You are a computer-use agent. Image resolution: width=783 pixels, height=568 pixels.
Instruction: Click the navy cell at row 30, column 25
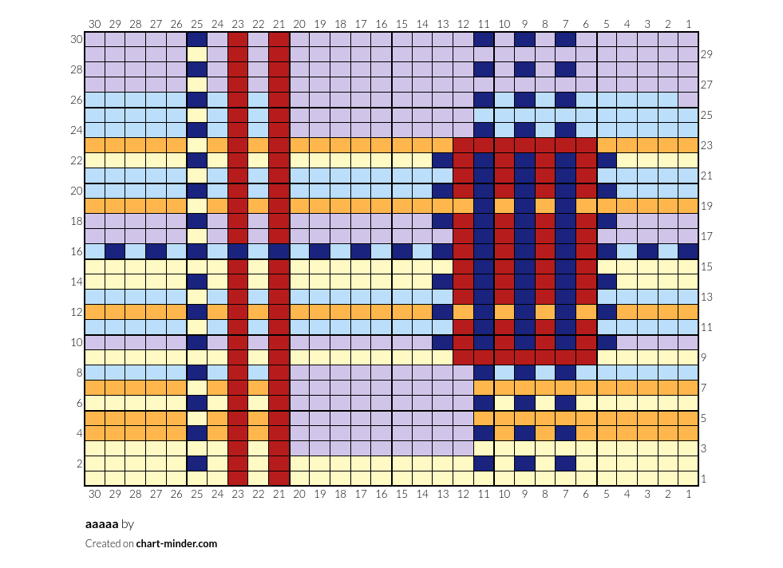(197, 39)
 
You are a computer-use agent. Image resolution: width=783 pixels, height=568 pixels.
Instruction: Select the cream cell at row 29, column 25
(197, 54)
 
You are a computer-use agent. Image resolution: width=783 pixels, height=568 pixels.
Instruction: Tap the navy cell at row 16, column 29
(115, 251)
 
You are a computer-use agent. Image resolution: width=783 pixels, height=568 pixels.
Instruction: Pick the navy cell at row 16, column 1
(688, 251)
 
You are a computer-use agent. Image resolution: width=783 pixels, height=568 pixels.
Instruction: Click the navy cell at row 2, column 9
(524, 463)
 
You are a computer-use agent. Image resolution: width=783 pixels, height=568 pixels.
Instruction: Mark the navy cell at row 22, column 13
(442, 160)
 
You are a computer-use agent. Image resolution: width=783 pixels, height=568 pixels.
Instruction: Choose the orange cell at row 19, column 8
(545, 206)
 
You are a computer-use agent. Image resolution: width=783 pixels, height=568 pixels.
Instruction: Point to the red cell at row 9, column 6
(586, 357)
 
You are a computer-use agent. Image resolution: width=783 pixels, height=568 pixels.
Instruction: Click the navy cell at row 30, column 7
(565, 39)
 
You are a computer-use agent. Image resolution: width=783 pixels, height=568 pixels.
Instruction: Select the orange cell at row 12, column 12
(463, 312)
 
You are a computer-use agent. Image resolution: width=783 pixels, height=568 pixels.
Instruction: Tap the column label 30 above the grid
(94, 24)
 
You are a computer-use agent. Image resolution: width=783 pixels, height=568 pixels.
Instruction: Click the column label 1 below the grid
(689, 494)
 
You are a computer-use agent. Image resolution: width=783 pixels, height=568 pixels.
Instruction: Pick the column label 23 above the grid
(238, 24)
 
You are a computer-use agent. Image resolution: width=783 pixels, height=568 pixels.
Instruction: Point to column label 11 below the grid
(484, 494)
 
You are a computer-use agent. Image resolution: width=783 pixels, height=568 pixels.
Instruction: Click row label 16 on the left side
(77, 251)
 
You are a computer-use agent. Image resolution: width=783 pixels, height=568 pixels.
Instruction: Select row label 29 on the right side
(706, 54)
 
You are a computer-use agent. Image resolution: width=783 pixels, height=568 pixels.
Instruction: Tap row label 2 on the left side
(79, 463)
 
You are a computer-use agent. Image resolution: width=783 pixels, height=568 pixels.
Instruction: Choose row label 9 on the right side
(704, 357)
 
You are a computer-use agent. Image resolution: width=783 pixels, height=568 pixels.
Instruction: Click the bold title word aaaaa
(102, 524)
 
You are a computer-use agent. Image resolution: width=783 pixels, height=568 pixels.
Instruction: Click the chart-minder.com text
(176, 543)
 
